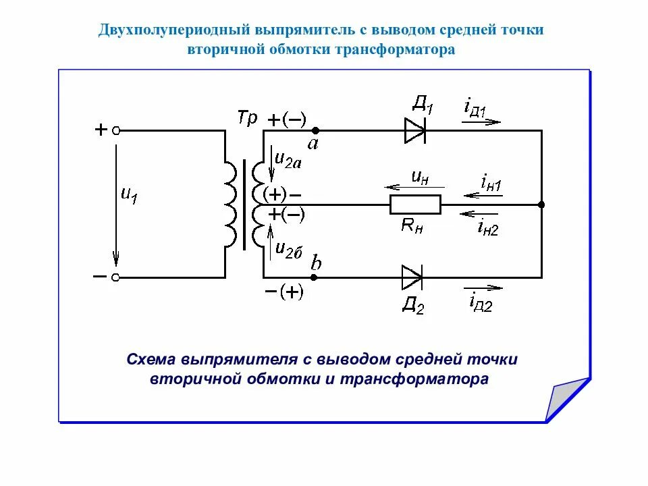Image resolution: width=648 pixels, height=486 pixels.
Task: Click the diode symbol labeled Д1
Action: pyautogui.click(x=414, y=130)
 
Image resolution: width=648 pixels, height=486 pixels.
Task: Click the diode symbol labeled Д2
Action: pyautogui.click(x=412, y=277)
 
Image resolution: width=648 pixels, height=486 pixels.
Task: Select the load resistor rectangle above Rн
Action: pyautogui.click(x=415, y=204)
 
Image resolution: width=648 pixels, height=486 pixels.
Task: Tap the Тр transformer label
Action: pyautogui.click(x=247, y=118)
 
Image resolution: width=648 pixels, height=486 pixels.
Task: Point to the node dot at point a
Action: pyautogui.click(x=315, y=130)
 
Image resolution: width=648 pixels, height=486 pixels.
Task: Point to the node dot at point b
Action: pyautogui.click(x=315, y=277)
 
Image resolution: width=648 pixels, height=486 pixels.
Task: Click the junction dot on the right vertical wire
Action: pyautogui.click(x=541, y=204)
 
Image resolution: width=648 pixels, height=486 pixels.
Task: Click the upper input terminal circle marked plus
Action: pyautogui.click(x=116, y=130)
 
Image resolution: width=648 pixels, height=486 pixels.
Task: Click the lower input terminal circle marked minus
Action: pyautogui.click(x=116, y=277)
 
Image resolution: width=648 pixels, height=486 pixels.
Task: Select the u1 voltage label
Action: pyautogui.click(x=128, y=194)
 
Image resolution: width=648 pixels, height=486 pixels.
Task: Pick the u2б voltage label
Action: pyautogui.click(x=290, y=248)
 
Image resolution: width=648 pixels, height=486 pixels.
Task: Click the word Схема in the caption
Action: pyautogui.click(x=151, y=359)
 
